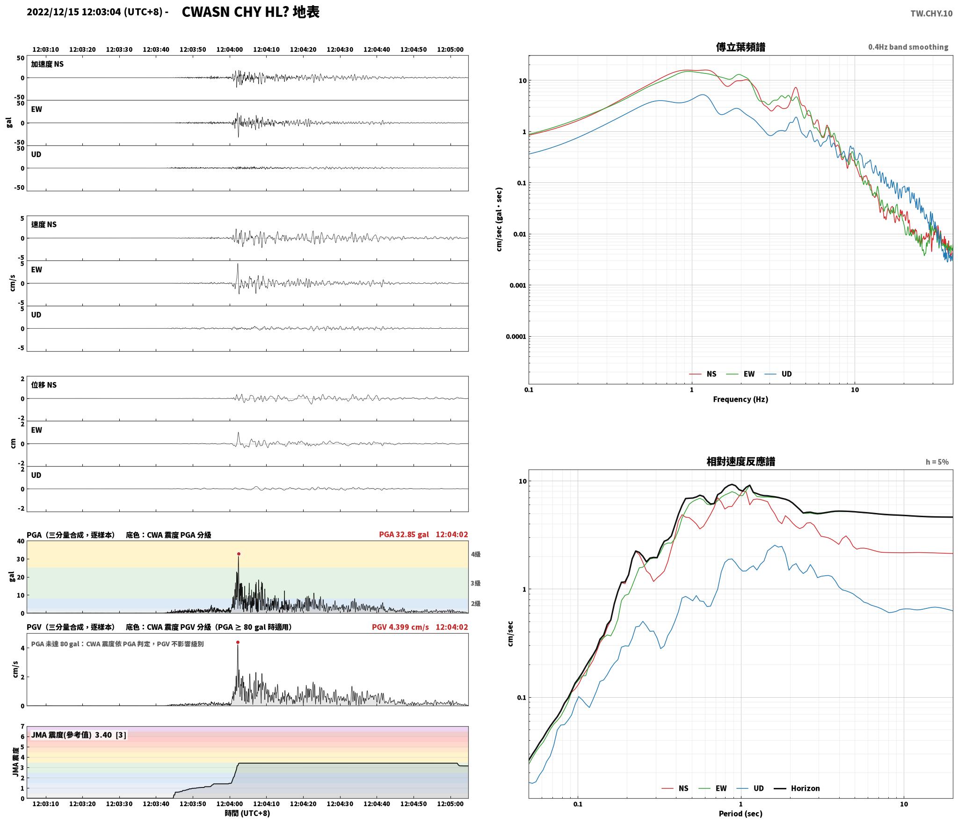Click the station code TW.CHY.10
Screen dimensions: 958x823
[x=931, y=14]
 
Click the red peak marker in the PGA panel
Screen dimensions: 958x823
[x=239, y=554]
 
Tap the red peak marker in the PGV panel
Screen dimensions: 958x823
[x=238, y=642]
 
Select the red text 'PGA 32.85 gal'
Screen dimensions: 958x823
[x=404, y=534]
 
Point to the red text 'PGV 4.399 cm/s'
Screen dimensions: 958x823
[x=400, y=627]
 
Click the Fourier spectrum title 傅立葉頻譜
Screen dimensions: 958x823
[x=740, y=47]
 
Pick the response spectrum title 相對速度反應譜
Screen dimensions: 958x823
[x=740, y=462]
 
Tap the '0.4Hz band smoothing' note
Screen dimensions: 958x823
[x=908, y=47]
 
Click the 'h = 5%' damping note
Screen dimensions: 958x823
[x=937, y=462]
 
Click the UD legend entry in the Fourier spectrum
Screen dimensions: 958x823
[x=778, y=374]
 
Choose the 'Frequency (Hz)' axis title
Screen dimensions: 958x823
[x=740, y=399]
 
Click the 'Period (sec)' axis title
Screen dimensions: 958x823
[x=740, y=814]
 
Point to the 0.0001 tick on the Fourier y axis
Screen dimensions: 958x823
[x=516, y=337]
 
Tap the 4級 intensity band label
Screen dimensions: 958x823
[x=476, y=555]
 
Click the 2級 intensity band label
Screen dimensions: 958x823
[x=476, y=604]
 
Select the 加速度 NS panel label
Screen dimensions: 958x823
[x=47, y=64]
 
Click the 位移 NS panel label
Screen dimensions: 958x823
[x=44, y=385]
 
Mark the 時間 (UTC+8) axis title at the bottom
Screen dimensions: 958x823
[x=247, y=813]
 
